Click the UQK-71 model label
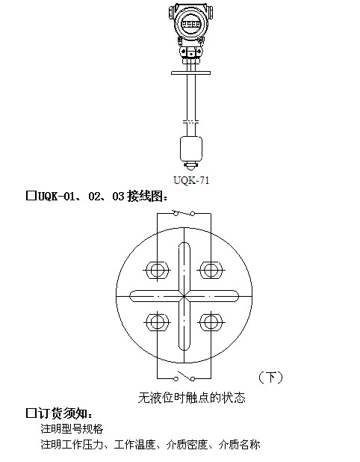pyautogui.click(x=191, y=180)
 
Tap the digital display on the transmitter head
pyautogui.click(x=190, y=24)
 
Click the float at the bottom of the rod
pyautogui.click(x=191, y=149)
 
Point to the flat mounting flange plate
pyautogui.click(x=190, y=73)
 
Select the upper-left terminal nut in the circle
pyautogui.click(x=158, y=270)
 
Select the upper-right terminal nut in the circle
pyautogui.click(x=211, y=270)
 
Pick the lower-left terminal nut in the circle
pyautogui.click(x=158, y=322)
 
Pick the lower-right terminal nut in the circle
pyautogui.click(x=211, y=322)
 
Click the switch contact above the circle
pyautogui.click(x=184, y=213)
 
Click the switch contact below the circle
pyautogui.click(x=184, y=376)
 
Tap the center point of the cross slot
pyautogui.click(x=184, y=296)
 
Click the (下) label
pyautogui.click(x=270, y=378)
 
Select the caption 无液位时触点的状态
pyautogui.click(x=192, y=398)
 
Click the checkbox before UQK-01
pyautogui.click(x=31, y=196)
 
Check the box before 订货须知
pyautogui.click(x=31, y=413)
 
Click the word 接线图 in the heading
pyautogui.click(x=145, y=196)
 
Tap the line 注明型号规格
pyautogui.click(x=72, y=428)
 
